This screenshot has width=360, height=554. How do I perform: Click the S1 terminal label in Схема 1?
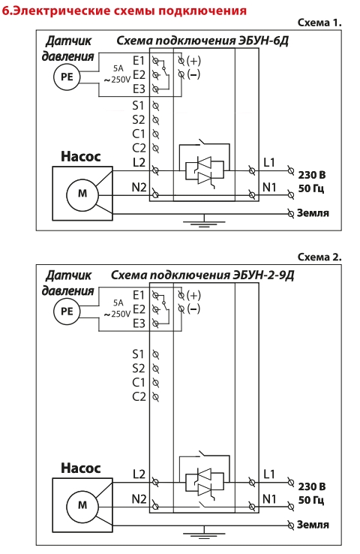138,106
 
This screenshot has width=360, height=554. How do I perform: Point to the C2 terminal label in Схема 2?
139,396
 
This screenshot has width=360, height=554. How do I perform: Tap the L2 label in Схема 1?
139,162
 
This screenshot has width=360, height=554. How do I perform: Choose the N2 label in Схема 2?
139,499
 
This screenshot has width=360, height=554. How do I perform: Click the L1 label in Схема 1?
269,162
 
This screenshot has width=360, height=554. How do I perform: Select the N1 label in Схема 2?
269,499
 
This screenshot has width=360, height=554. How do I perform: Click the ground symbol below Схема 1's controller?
204,222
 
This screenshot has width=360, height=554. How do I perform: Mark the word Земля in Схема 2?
313,525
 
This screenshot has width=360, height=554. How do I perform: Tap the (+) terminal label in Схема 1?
193,60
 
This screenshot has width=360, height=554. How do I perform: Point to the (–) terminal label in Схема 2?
193,309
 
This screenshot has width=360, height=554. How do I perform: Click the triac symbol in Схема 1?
205,170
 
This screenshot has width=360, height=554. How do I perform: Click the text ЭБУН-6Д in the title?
264,41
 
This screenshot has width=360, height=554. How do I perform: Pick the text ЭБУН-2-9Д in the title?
263,275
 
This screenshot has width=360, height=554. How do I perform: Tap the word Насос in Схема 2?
81,468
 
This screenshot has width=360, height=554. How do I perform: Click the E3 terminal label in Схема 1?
139,89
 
